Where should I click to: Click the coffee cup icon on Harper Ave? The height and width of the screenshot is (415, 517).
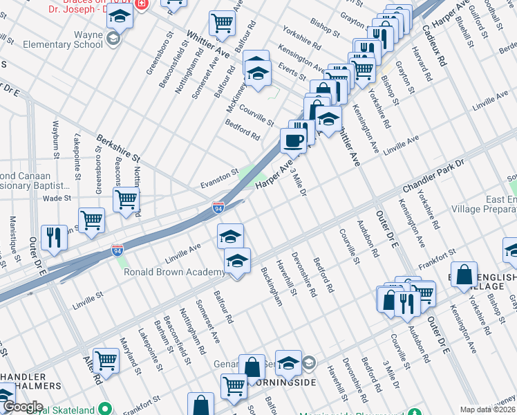[293, 140]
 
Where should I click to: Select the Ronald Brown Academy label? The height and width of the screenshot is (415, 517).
[173, 272]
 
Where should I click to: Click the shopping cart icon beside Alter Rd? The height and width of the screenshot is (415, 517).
[106, 360]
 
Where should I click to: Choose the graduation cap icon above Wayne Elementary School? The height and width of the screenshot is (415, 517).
[120, 17]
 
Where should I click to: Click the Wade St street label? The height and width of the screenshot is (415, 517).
[57, 198]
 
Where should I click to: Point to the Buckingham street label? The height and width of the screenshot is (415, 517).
[272, 287]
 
